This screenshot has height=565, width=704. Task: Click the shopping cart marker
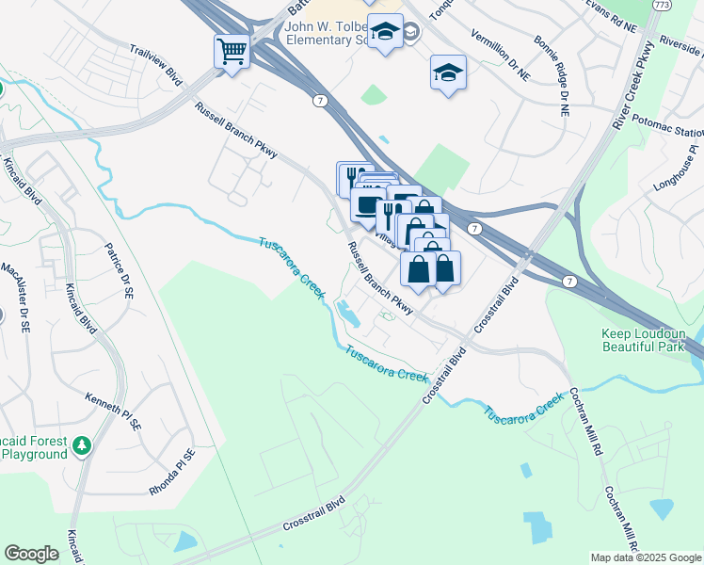pos(232,51)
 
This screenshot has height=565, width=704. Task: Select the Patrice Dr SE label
pos(119,271)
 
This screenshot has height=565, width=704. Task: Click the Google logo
pos(31,554)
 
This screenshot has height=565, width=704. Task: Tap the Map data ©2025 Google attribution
pos(645,557)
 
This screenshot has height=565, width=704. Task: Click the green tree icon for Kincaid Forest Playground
pos(82,444)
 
